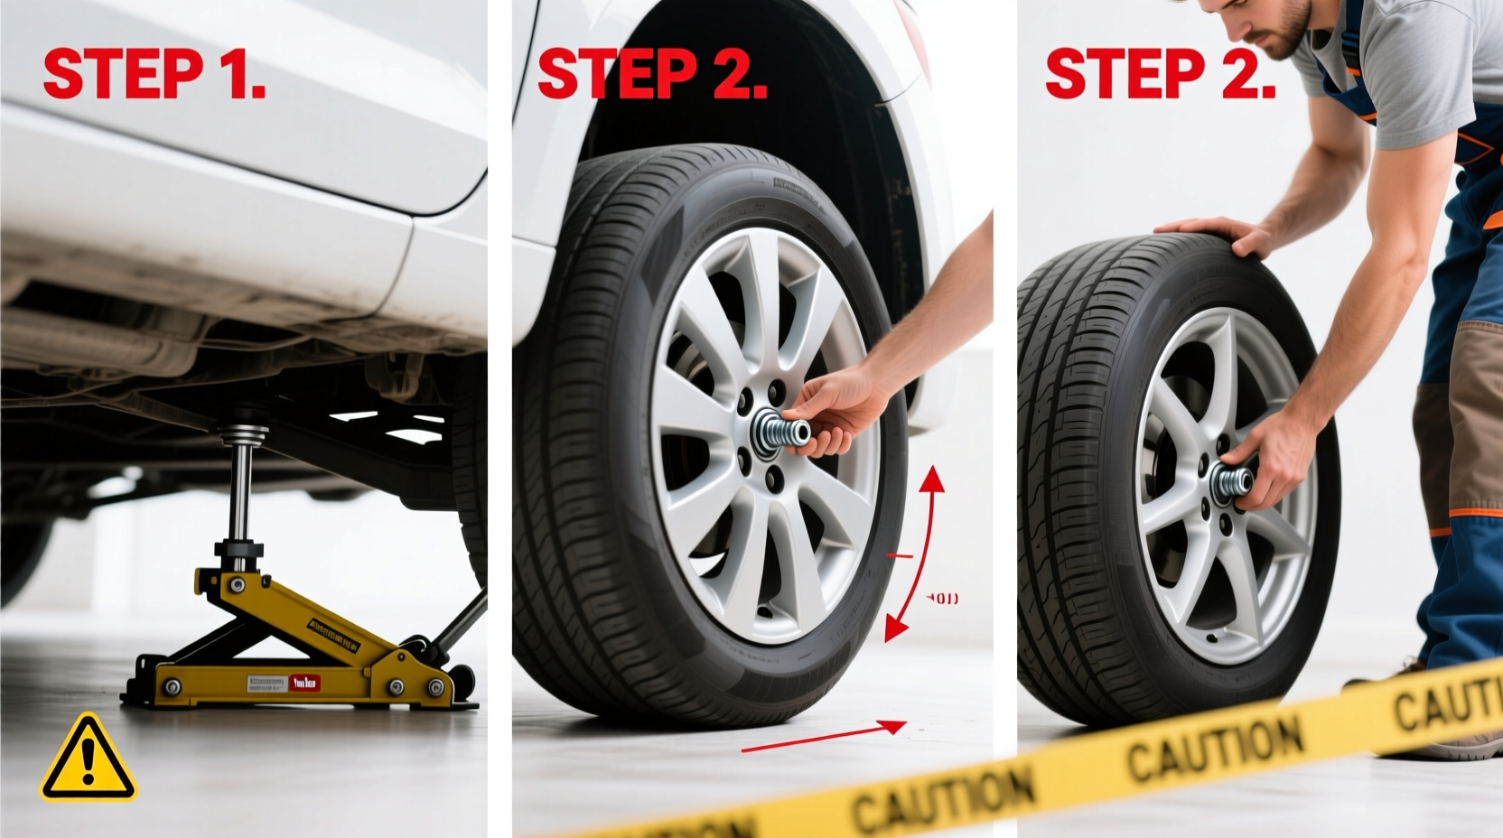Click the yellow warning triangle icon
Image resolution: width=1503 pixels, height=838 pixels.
coord(88,759)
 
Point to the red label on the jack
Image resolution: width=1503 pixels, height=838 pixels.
coord(304,683)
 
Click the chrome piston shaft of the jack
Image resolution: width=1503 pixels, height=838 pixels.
coord(241,491)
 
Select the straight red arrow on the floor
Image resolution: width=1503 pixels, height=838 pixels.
coord(823,736)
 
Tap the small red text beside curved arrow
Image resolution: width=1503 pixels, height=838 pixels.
coord(943,599)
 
